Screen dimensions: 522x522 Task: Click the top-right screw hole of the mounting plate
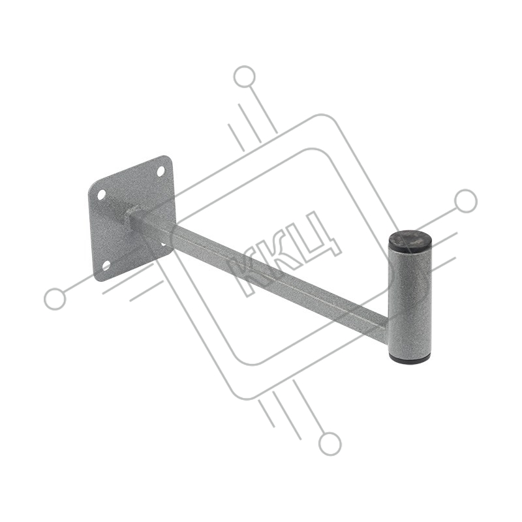click(161, 171)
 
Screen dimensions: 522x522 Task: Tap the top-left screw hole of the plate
click(102, 194)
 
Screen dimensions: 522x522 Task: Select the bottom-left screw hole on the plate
click(106, 265)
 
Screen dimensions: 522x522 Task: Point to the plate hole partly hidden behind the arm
click(164, 245)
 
